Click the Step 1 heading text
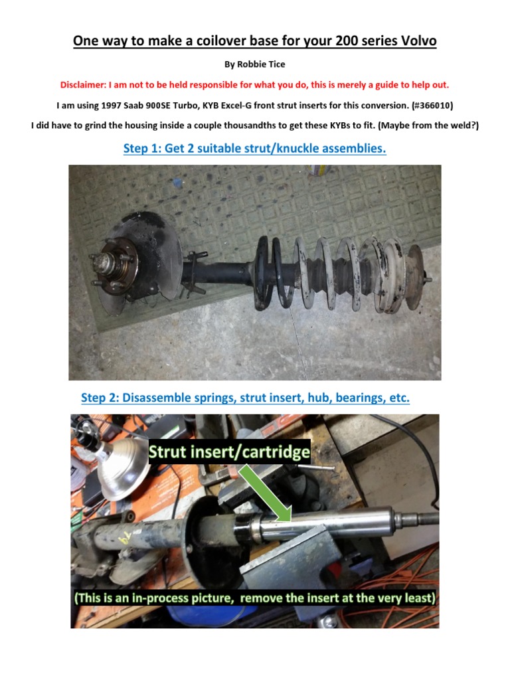254,148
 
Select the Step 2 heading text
245,398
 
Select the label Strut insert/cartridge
229,453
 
